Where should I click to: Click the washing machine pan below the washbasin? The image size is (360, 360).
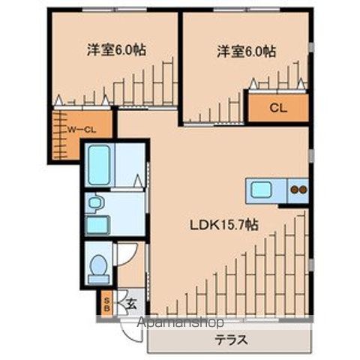97,224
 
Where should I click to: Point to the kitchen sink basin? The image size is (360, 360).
261,190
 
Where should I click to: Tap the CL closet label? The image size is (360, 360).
277,108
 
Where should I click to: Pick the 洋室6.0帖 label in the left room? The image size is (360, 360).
115,50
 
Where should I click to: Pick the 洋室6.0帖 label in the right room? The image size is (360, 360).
246,51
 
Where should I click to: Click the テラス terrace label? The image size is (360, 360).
232,339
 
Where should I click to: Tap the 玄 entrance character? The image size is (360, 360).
130,304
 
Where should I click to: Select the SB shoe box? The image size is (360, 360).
107,304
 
